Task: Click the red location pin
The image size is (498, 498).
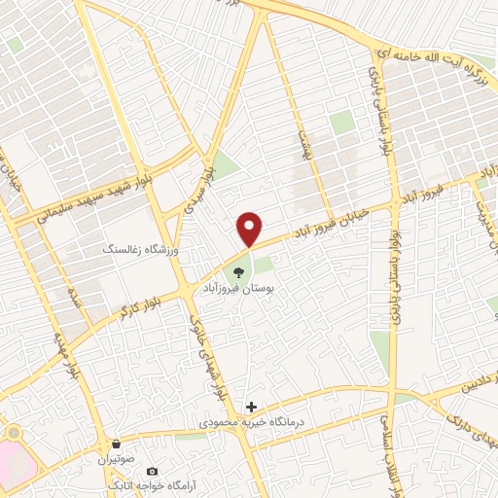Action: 250,229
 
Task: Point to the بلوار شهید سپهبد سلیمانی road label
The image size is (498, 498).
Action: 102,187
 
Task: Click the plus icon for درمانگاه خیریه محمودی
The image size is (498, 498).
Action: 251,407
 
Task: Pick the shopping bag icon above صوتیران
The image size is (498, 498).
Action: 117,443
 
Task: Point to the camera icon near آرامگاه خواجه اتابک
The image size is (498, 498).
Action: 151,472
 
